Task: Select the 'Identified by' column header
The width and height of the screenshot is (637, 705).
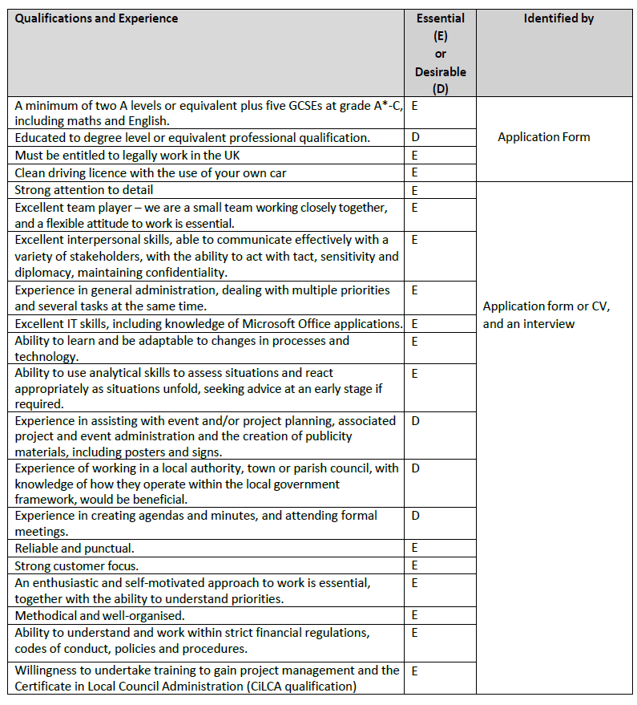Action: pos(558,18)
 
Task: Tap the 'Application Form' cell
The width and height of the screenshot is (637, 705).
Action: pos(543,137)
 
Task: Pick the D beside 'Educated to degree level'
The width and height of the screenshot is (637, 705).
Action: pos(415,137)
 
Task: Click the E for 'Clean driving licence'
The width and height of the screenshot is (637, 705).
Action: pos(414,172)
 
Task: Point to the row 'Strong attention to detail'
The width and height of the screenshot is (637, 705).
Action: pos(84,190)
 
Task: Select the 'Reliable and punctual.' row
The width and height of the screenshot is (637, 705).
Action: pos(75,549)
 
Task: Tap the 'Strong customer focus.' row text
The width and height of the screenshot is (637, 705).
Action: pos(76,566)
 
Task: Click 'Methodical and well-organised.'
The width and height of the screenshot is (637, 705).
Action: pos(99,615)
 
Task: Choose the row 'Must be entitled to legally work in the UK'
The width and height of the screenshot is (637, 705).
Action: pos(127,155)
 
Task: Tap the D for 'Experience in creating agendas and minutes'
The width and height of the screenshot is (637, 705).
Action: pos(415,515)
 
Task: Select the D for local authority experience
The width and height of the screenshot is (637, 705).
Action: pos(415,468)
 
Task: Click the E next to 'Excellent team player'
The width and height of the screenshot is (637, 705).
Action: pos(414,208)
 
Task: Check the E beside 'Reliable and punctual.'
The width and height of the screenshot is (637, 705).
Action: pos(414,549)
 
